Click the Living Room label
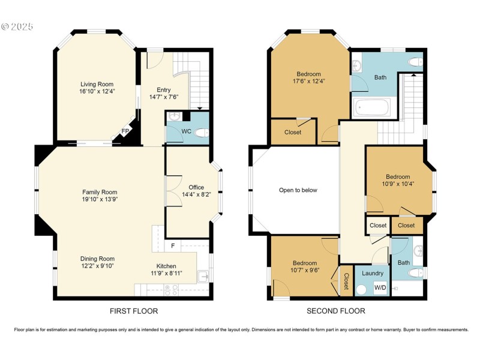pos(97,84)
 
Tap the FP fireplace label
pos(125,131)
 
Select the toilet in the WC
pos(202,133)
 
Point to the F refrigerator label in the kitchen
pos(173,245)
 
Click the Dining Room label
pos(98,259)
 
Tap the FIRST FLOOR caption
pos(134,311)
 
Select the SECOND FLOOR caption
pos(336,311)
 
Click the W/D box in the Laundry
pos(380,288)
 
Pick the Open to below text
pos(298,190)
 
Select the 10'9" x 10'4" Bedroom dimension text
pos(398,184)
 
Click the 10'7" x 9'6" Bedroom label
pos(304,270)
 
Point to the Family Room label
pos(100,192)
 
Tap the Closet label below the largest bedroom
pos(293,132)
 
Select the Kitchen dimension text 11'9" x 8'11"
pos(166,273)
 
